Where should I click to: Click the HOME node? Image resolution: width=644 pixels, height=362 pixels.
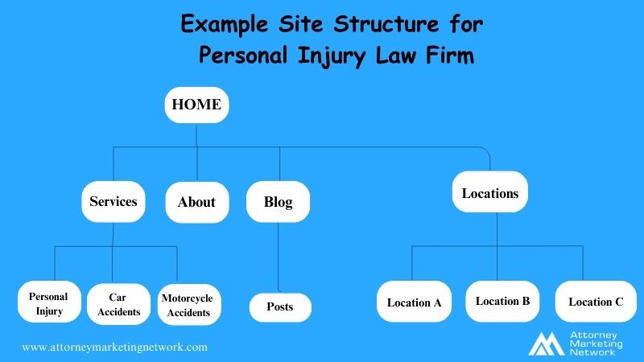[196, 105]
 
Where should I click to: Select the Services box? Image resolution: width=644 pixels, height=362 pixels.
[113, 201]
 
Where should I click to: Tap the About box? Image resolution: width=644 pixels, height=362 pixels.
[196, 201]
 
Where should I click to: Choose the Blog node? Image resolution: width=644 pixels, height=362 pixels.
[279, 201]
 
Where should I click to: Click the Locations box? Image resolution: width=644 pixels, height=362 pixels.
[489, 193]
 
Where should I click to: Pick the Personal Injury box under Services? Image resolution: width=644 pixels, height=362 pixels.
[48, 302]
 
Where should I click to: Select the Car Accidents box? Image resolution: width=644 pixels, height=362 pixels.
[118, 303]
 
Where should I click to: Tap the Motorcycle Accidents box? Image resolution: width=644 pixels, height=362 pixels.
[187, 304]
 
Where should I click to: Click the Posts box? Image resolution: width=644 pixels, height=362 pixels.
[279, 306]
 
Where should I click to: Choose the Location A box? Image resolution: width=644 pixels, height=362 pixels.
[414, 302]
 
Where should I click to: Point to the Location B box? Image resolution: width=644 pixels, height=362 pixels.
[502, 301]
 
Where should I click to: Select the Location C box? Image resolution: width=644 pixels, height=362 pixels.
[596, 302]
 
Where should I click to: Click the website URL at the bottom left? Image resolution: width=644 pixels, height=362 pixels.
[115, 348]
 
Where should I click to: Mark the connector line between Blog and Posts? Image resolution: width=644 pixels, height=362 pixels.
[279, 257]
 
